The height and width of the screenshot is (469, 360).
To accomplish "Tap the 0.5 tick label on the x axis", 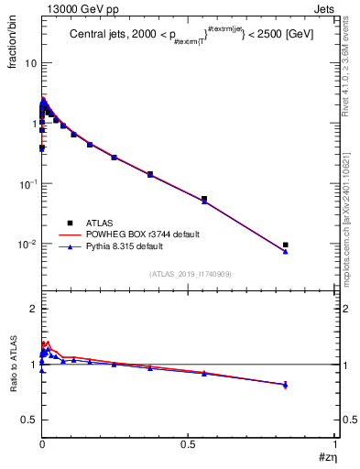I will tap(189, 444).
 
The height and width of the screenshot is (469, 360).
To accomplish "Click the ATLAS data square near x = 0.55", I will tap(204, 199).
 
